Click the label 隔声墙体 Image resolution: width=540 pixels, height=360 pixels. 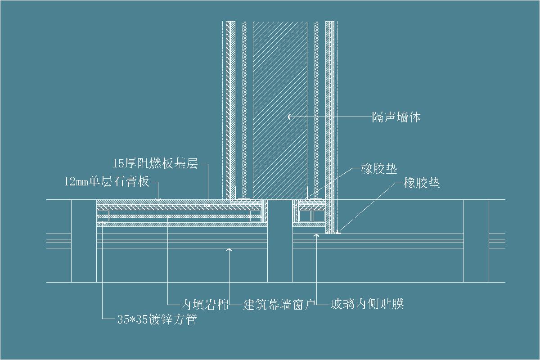[396, 117]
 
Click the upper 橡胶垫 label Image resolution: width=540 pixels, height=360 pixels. [379, 169]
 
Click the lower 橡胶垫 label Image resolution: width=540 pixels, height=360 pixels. [422, 183]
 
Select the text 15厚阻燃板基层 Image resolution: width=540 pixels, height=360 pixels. [155, 163]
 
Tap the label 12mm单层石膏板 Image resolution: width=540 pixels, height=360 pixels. [107, 182]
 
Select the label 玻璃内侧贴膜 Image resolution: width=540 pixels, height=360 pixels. [367, 304]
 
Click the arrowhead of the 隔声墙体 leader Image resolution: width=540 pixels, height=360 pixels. [288, 117]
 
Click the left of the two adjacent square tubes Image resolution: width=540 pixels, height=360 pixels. [305, 217]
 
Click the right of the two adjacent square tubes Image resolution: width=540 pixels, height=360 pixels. [319, 217]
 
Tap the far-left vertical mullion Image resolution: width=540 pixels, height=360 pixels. [84, 241]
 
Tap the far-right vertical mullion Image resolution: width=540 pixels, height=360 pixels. [476, 241]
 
